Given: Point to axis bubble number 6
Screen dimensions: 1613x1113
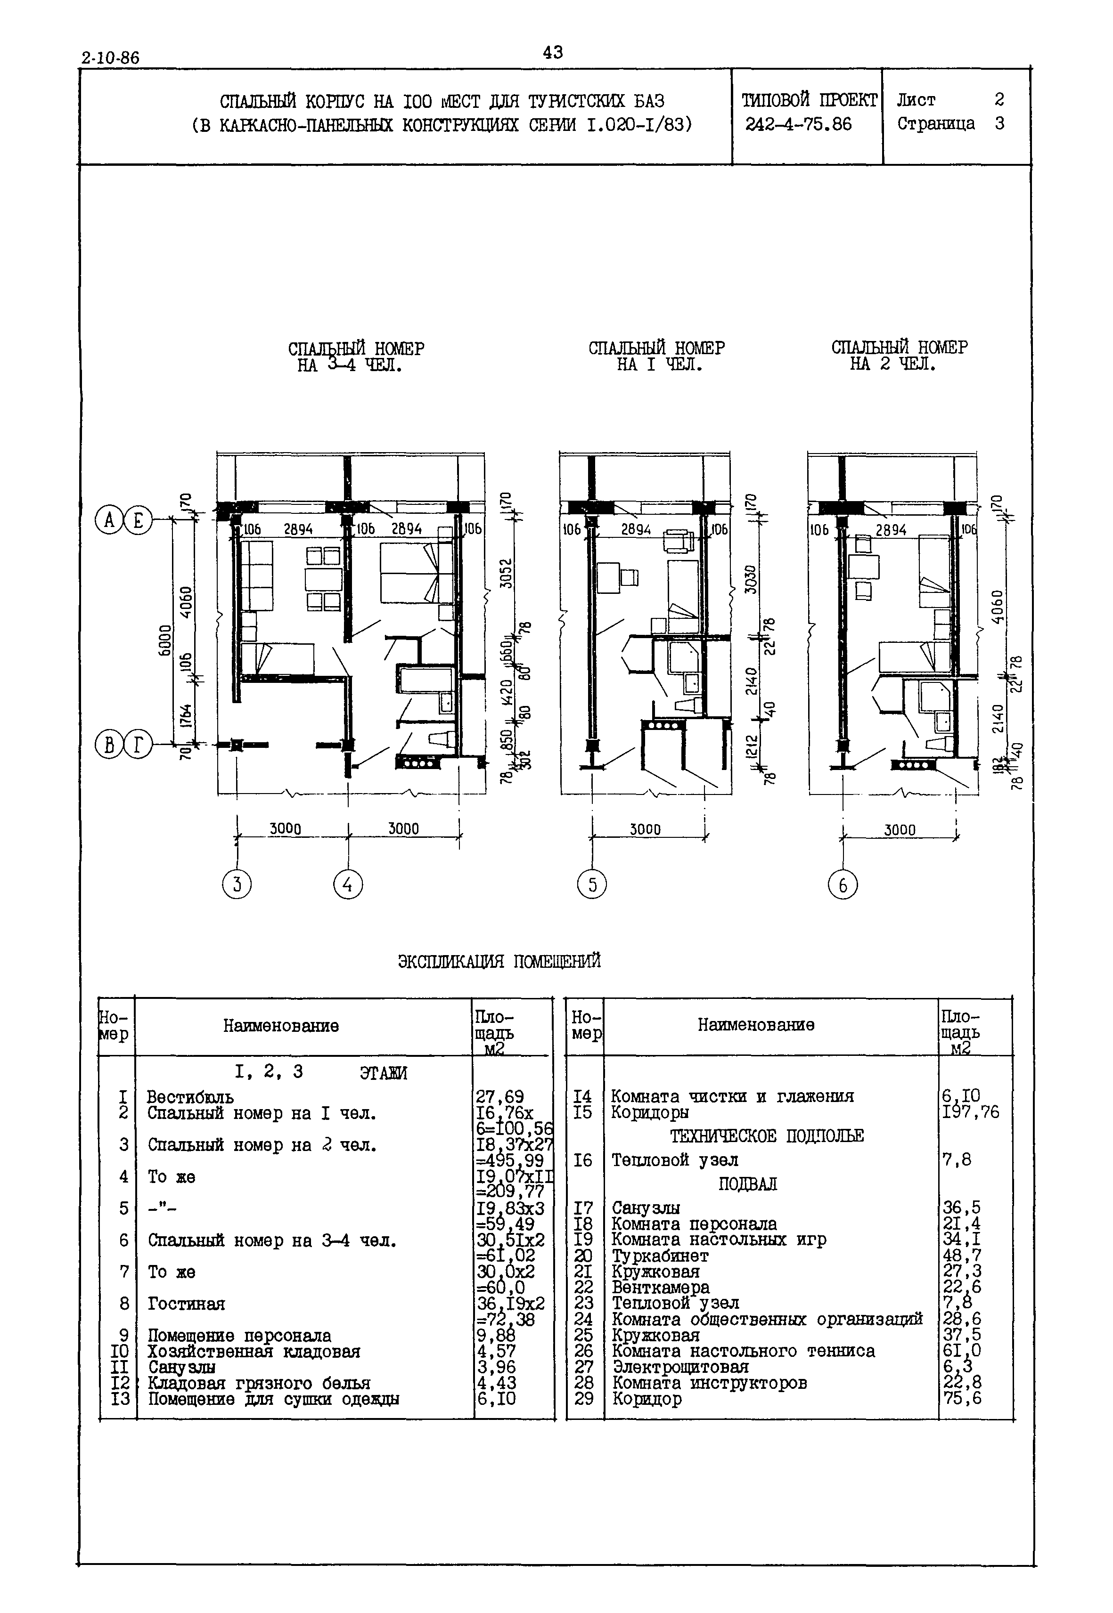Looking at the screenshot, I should pos(843,885).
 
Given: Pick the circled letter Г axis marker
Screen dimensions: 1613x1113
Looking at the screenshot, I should pos(139,746).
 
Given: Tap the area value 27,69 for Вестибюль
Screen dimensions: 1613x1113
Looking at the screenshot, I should pos(500,1096).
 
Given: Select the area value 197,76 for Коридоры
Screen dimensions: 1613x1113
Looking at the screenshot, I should pos(970,1112).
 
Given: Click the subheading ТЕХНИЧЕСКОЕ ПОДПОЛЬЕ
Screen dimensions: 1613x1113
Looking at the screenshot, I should pos(766,1136).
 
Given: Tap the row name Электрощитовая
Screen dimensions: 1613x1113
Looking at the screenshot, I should pos(680,1367).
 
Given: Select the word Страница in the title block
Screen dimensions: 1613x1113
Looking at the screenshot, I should pos(935,124).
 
